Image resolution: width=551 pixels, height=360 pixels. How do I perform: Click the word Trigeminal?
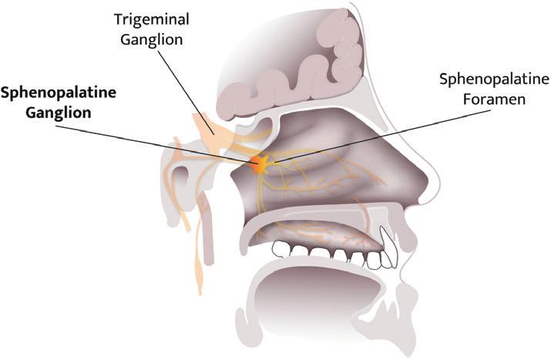click(x=152, y=18)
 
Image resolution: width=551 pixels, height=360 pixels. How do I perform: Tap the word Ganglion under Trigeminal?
click(x=152, y=38)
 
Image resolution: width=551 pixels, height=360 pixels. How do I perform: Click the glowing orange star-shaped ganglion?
click(x=260, y=163)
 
